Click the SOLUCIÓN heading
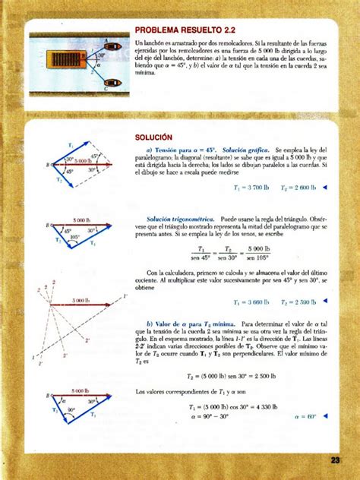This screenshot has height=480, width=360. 151,139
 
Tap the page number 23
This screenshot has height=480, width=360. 335,459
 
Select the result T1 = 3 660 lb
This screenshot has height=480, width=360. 251,302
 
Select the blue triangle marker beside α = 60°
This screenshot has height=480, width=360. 326,416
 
